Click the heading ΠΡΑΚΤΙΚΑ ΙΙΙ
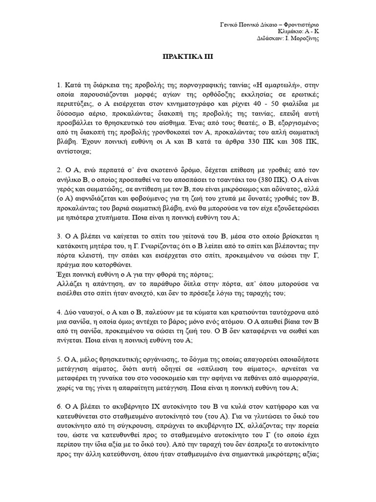click(x=188, y=57)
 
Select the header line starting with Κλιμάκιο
click(x=304, y=31)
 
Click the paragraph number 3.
click(x=59, y=232)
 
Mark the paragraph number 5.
click(x=59, y=356)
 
